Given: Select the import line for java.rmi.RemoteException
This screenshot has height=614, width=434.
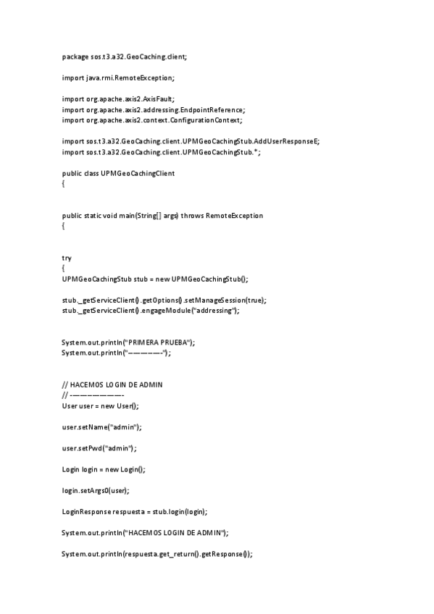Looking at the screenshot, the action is click(x=118, y=77).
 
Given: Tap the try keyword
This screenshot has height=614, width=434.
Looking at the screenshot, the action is click(x=67, y=258).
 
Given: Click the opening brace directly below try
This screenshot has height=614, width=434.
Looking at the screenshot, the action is click(x=64, y=269).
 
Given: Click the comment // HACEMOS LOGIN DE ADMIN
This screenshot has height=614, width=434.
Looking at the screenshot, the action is click(x=112, y=384).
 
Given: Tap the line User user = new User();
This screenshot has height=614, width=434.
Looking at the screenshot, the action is click(x=99, y=405).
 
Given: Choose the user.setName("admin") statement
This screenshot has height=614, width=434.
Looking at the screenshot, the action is click(x=101, y=427).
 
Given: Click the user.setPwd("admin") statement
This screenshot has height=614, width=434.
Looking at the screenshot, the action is click(x=99, y=448).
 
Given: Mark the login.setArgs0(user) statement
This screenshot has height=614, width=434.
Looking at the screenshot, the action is click(x=96, y=490).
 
